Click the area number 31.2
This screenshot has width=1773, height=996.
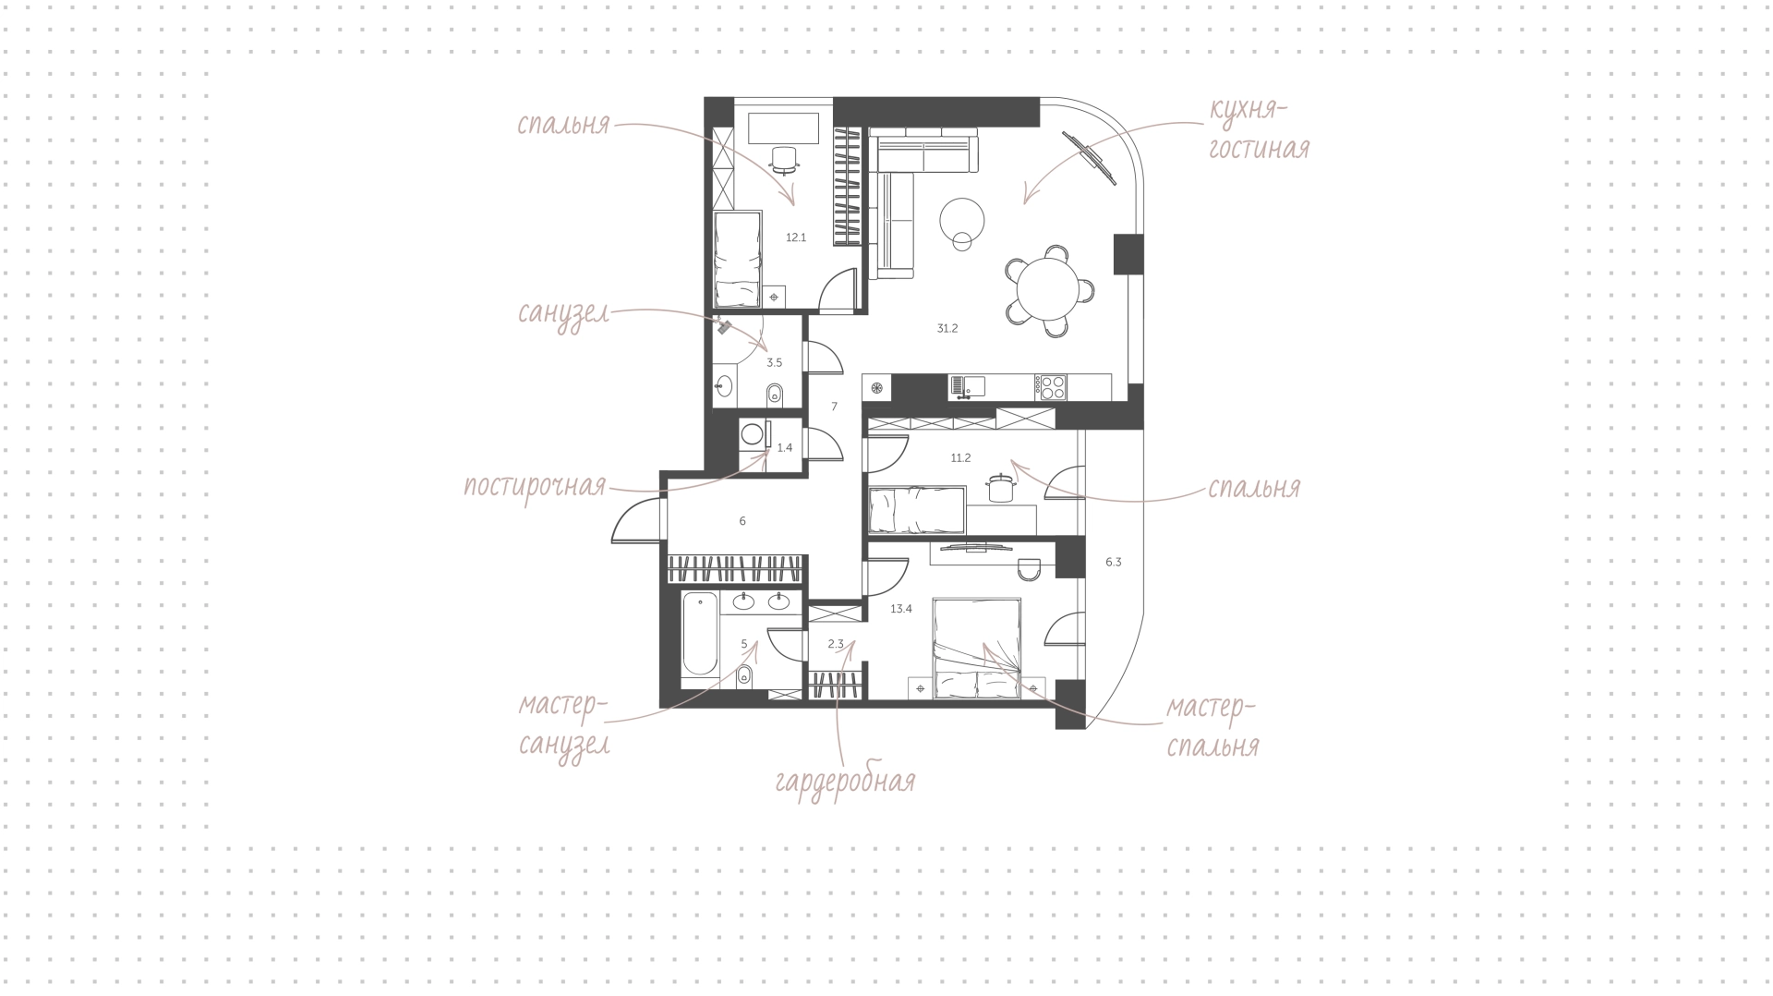947,328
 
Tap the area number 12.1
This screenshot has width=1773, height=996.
796,237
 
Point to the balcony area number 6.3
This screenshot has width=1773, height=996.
1113,562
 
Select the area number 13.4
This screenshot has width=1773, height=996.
901,609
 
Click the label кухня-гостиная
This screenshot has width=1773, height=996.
1259,129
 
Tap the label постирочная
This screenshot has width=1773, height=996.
535,486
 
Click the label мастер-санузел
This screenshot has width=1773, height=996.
563,726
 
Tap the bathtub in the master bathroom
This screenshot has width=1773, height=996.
699,636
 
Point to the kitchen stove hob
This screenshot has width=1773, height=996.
1051,387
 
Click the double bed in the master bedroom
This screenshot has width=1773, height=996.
977,648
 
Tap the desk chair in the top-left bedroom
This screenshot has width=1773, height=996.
784,160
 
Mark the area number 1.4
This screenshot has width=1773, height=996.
785,448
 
